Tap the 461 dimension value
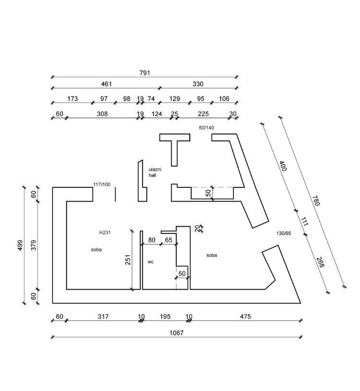point(106,84)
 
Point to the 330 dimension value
point(198,84)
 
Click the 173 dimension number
point(72,99)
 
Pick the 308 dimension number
point(102,114)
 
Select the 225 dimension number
point(204,114)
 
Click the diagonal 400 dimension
point(283,167)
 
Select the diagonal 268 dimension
point(320,262)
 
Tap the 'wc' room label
point(150,262)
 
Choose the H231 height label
point(105,232)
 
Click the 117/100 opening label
point(102,184)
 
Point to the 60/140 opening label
point(206,128)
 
